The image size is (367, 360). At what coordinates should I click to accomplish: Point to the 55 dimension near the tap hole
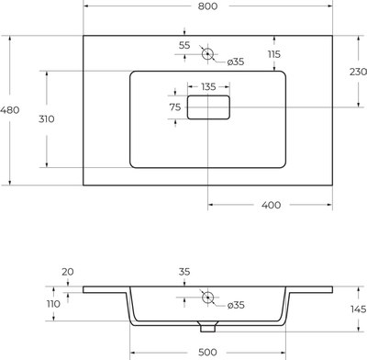tap(185, 44)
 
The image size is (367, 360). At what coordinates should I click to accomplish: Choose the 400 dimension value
tap(270, 204)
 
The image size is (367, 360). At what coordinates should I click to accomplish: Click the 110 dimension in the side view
tap(53, 303)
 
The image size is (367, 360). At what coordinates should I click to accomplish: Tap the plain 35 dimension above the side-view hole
tap(208, 272)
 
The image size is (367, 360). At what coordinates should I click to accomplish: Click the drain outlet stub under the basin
tap(207, 324)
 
